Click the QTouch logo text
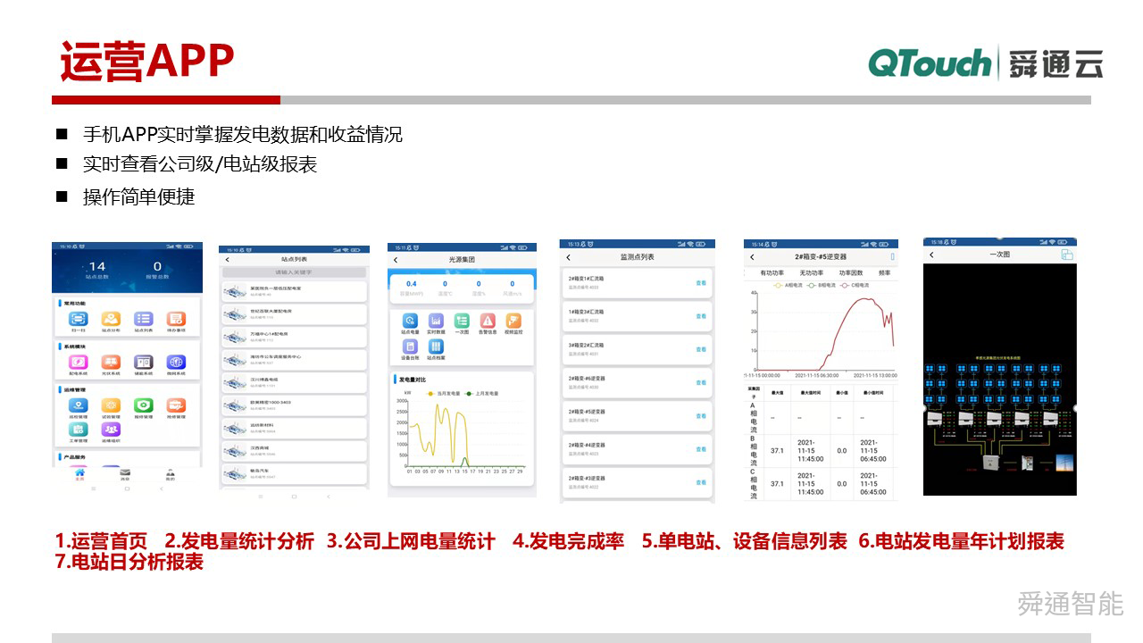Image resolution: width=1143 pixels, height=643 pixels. [x=929, y=63]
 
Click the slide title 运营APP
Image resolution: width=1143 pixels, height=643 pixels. [x=147, y=61]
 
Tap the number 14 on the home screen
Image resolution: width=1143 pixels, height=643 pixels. [x=96, y=266]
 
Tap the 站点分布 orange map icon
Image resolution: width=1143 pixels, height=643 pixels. [x=111, y=320]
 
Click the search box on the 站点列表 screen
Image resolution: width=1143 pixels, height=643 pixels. [x=294, y=271]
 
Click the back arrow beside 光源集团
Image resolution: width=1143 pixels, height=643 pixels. [x=396, y=260]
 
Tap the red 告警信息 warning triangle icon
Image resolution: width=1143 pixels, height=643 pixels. [x=488, y=321]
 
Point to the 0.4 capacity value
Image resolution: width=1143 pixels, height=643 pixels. [x=412, y=284]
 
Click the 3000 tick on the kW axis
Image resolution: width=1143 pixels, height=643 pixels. [x=401, y=401]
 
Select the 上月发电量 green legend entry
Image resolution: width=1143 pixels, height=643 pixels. [x=481, y=393]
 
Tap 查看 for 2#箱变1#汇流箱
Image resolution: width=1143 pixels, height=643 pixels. [x=701, y=282]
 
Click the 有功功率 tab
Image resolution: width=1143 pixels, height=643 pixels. [x=772, y=272]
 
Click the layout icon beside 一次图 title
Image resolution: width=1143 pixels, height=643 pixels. [x=1066, y=255]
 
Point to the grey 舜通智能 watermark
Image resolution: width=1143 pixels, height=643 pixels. [x=1070, y=604]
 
